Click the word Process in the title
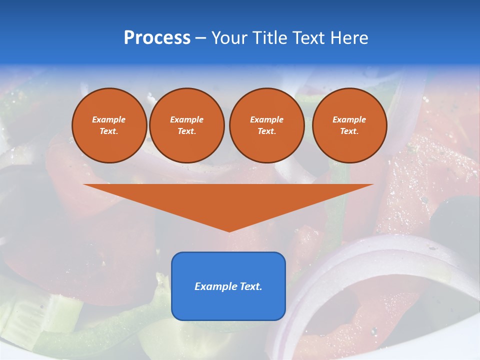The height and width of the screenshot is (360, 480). pos(157,38)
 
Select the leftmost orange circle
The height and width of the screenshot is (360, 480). pos(109,125)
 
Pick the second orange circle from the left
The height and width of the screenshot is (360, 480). pos(186,125)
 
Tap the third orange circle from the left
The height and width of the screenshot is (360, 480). pos(266,125)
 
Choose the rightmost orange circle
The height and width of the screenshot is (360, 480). pos(349,125)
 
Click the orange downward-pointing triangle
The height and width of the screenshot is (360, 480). pos(228,200)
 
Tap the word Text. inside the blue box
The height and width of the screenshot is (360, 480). pos(251,286)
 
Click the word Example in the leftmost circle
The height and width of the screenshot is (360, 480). pos(109,119)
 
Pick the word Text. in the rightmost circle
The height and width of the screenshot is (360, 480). pos(349,131)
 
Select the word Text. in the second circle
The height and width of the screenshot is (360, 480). pos(186,131)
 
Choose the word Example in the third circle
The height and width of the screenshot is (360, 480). pos(266,119)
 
